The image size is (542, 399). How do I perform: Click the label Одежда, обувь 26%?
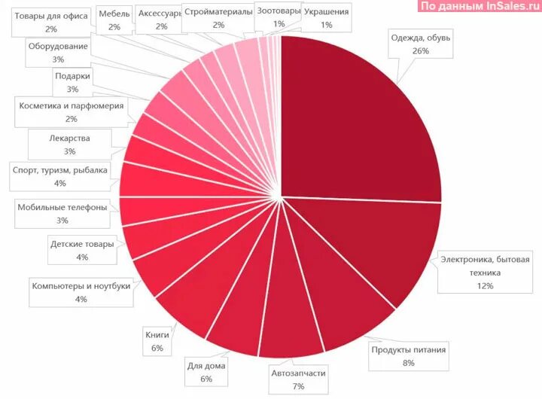[420, 44]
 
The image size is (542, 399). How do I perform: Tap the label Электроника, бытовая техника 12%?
[484, 273]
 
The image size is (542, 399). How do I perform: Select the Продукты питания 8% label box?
[409, 355]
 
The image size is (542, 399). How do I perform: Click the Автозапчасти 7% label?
[298, 379]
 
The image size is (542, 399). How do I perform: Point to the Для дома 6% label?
[206, 372]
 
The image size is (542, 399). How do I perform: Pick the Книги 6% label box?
[157, 341]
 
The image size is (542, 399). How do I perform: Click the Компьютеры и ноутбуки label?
[81, 292]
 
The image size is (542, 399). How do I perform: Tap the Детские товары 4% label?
[82, 251]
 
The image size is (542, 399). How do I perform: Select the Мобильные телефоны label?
[62, 214]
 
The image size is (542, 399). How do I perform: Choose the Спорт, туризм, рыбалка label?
[60, 176]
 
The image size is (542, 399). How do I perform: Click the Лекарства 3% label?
[69, 145]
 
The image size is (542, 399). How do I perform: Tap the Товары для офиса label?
[51, 22]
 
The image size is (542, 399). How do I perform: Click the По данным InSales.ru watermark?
[477, 6]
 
